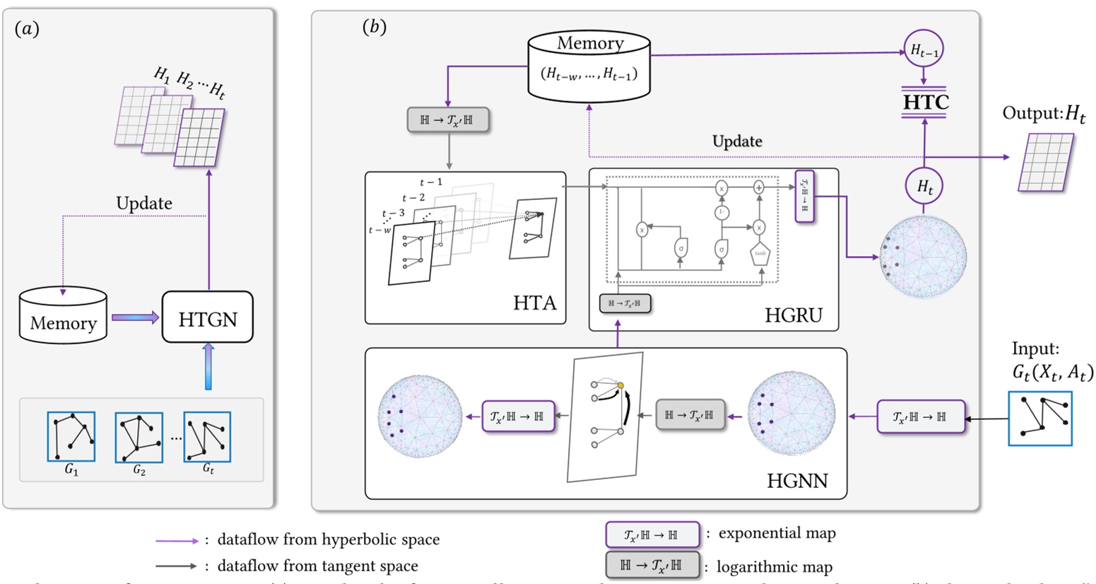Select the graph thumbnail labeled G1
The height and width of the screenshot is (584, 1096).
tap(71, 438)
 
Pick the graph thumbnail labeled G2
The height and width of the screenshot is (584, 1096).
tap(139, 438)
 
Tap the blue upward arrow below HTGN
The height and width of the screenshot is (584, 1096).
tap(207, 366)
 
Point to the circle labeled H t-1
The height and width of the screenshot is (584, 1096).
tap(924, 50)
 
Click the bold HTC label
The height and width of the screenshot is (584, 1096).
tap(926, 103)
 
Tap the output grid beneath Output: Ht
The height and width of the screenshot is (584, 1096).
tap(1045, 163)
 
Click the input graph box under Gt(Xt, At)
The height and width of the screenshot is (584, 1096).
tap(1039, 419)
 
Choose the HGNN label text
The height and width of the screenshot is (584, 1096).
tap(797, 481)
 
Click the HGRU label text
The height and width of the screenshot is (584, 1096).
tap(794, 315)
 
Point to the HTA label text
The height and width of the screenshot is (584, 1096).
tap(534, 303)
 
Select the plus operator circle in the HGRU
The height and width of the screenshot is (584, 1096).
tap(759, 187)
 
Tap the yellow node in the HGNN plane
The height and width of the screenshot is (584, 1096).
tap(620, 385)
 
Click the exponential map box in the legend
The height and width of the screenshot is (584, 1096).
tap(652, 535)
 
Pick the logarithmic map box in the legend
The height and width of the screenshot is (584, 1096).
tap(652, 566)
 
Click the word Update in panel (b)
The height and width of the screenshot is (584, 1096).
tap(736, 141)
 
